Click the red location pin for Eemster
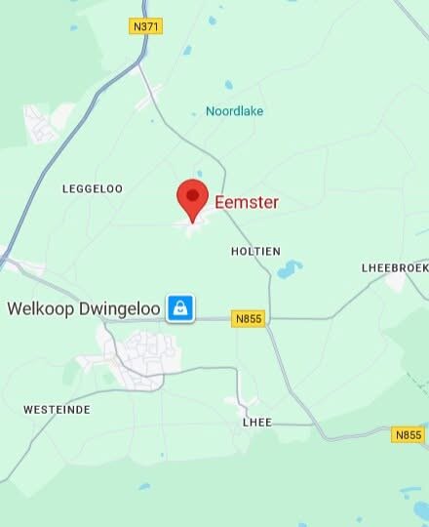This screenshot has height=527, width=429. pos(192,199)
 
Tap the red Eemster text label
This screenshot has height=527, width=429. pos(247,202)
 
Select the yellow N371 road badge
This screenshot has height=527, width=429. pos(145,27)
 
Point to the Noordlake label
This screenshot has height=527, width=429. pos(234,111)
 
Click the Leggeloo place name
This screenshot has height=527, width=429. pos(93,188)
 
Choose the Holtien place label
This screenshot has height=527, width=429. pos(255,251)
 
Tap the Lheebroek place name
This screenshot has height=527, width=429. pos(394,266)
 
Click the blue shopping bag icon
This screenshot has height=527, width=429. pos(179,308)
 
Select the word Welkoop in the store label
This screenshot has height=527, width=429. pos(40,308)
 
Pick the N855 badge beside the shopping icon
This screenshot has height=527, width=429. pos(250,318)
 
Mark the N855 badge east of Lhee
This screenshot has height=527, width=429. pos(408,434)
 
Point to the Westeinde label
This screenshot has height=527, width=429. pos(57,410)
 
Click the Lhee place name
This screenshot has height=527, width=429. pos(256,422)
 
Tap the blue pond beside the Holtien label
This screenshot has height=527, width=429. pos(290,268)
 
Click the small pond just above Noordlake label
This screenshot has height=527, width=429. pos(229,85)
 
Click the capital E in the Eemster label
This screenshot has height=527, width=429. pos(220,202)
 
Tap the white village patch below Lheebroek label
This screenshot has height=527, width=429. pos(395,282)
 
